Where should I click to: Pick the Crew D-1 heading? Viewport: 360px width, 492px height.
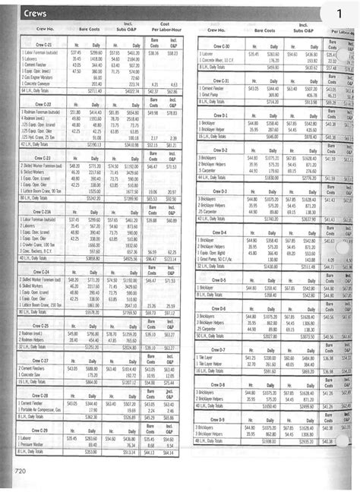(221, 115)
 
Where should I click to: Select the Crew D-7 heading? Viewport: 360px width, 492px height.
(221, 349)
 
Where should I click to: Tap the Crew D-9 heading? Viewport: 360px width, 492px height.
(221, 420)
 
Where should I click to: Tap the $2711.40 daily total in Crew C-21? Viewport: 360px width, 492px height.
(95, 90)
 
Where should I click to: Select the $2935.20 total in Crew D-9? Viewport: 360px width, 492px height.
(305, 440)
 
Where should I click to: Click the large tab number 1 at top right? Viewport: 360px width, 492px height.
(339, 13)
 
